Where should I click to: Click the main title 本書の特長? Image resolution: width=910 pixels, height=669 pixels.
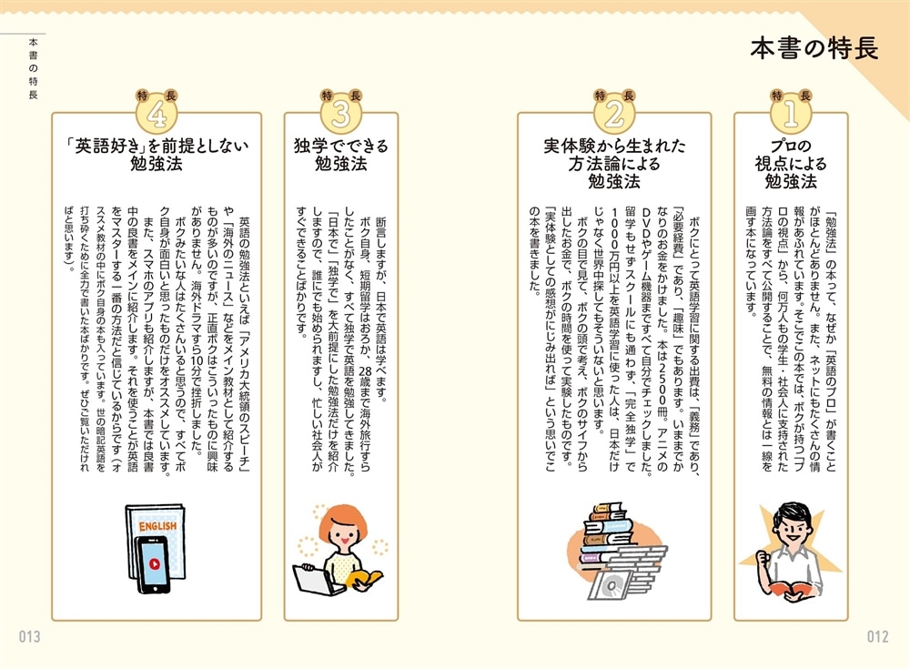click(x=814, y=48)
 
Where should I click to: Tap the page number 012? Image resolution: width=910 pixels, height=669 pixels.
click(x=877, y=636)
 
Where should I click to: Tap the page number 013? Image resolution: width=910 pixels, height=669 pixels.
click(x=30, y=636)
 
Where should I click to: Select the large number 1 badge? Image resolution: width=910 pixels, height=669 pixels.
click(x=791, y=115)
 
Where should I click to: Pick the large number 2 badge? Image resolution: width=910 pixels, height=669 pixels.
click(x=614, y=115)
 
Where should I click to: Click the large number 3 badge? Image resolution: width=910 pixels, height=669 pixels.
click(x=341, y=115)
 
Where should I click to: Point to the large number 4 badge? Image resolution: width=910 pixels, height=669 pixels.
click(x=157, y=115)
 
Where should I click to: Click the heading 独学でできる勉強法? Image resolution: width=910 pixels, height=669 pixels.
click(x=341, y=154)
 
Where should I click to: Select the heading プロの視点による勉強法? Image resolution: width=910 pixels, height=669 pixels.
click(x=791, y=163)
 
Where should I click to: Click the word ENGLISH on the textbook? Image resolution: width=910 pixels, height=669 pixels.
click(x=157, y=525)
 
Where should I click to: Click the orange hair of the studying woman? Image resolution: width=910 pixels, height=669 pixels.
click(x=342, y=521)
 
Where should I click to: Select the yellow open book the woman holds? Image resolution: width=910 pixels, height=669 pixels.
click(x=365, y=579)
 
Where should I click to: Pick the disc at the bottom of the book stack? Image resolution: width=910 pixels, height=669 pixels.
click(x=612, y=585)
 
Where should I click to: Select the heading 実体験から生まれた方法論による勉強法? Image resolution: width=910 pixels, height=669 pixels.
click(x=614, y=163)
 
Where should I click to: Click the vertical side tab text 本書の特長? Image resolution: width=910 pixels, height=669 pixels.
click(x=33, y=68)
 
